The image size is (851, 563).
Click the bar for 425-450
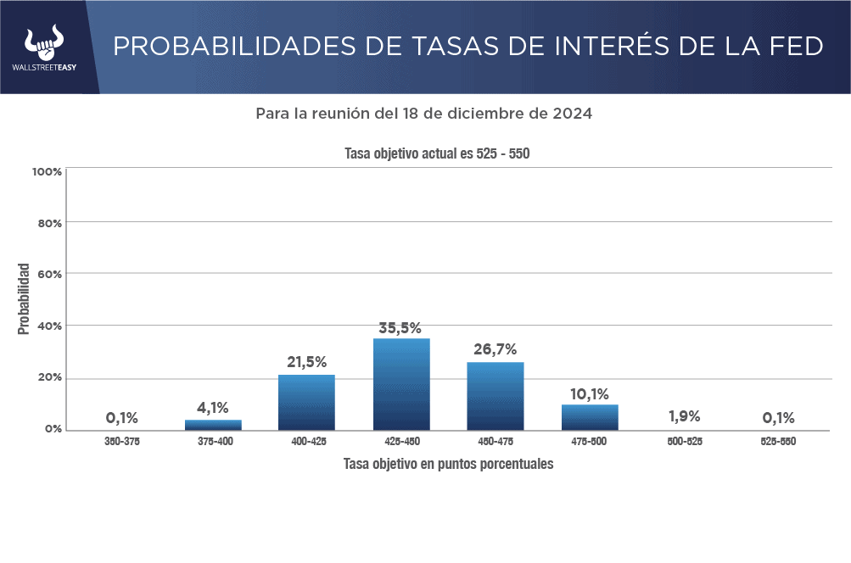click(x=401, y=384)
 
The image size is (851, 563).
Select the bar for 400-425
click(x=306, y=402)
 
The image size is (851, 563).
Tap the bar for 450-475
click(x=495, y=396)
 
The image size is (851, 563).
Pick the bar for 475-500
click(x=590, y=417)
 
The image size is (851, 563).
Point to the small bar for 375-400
click(x=213, y=425)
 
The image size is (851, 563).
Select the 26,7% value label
click(x=495, y=349)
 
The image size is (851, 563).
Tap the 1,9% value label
click(x=684, y=416)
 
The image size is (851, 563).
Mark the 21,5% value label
click(x=306, y=362)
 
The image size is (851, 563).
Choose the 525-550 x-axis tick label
click(x=778, y=442)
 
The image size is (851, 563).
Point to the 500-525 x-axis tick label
click(x=684, y=442)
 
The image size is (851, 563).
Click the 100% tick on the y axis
click(x=47, y=171)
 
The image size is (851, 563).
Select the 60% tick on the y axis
click(x=50, y=274)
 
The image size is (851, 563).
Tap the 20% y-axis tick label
click(x=50, y=377)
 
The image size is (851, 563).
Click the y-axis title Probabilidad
click(x=24, y=298)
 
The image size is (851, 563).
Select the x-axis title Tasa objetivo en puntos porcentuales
click(x=448, y=464)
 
